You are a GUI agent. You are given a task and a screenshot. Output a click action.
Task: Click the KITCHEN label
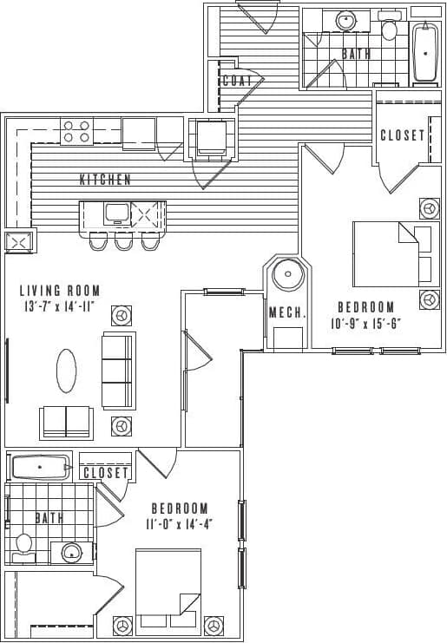pos(105,180)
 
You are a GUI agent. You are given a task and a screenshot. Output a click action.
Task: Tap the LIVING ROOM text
pos(60,291)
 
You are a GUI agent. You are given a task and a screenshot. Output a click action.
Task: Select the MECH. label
pos(286,312)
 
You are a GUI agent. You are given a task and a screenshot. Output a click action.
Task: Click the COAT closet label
pos(237,81)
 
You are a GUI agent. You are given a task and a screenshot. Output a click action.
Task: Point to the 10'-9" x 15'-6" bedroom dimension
pos(365,324)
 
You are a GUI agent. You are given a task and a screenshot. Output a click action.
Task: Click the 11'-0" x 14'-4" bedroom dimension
pos(180,524)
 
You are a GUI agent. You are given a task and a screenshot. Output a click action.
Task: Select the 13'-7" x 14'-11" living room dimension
pos(60,306)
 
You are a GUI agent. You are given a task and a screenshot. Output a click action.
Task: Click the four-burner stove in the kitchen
pos(76,131)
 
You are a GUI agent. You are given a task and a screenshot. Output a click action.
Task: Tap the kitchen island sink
pos(115,212)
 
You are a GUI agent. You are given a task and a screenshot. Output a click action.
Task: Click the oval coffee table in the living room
pos(67,371)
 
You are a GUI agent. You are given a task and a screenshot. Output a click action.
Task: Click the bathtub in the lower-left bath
pos(40,468)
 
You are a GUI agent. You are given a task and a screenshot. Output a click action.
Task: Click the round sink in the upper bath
pos(346,20)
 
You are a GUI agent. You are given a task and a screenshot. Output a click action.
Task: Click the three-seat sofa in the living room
pos(118,371)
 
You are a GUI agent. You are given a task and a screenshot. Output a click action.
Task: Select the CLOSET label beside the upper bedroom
pos(403,135)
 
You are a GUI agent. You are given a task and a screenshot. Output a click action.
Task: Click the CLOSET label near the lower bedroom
pos(106,473)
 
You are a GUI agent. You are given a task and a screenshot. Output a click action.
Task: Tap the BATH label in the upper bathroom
pos(356,54)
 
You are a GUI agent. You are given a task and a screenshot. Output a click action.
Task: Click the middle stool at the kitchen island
pos(123,240)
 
